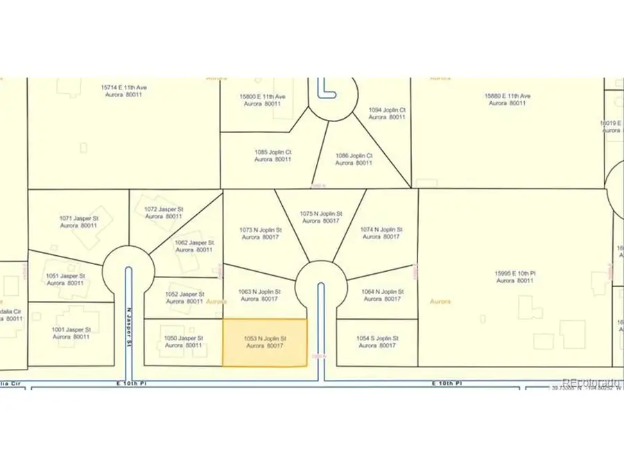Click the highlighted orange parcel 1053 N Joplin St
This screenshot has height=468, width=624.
pyautogui.click(x=264, y=342)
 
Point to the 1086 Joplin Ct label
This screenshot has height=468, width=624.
pyautogui.click(x=354, y=159)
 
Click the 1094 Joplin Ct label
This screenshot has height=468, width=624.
pyautogui.click(x=387, y=114)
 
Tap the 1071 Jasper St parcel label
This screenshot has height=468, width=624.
pyautogui.click(x=78, y=222)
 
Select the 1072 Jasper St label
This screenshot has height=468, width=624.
pyautogui.click(x=164, y=212)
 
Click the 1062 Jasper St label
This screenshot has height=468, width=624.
pyautogui.click(x=193, y=246)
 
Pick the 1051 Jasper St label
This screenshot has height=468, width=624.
pyautogui.click(x=65, y=279)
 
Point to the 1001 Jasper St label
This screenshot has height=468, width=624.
pyautogui.click(x=71, y=333)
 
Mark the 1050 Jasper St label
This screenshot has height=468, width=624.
pyautogui.click(x=182, y=341)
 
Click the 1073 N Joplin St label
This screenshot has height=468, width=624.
pyautogui.click(x=261, y=233)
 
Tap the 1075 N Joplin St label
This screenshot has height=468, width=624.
pyautogui.click(x=319, y=217)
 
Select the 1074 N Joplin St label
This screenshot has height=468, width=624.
pyautogui.click(x=381, y=233)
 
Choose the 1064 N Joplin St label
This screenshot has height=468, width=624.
pyautogui.click(x=381, y=295)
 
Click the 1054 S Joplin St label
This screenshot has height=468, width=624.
pyautogui.click(x=378, y=341)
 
